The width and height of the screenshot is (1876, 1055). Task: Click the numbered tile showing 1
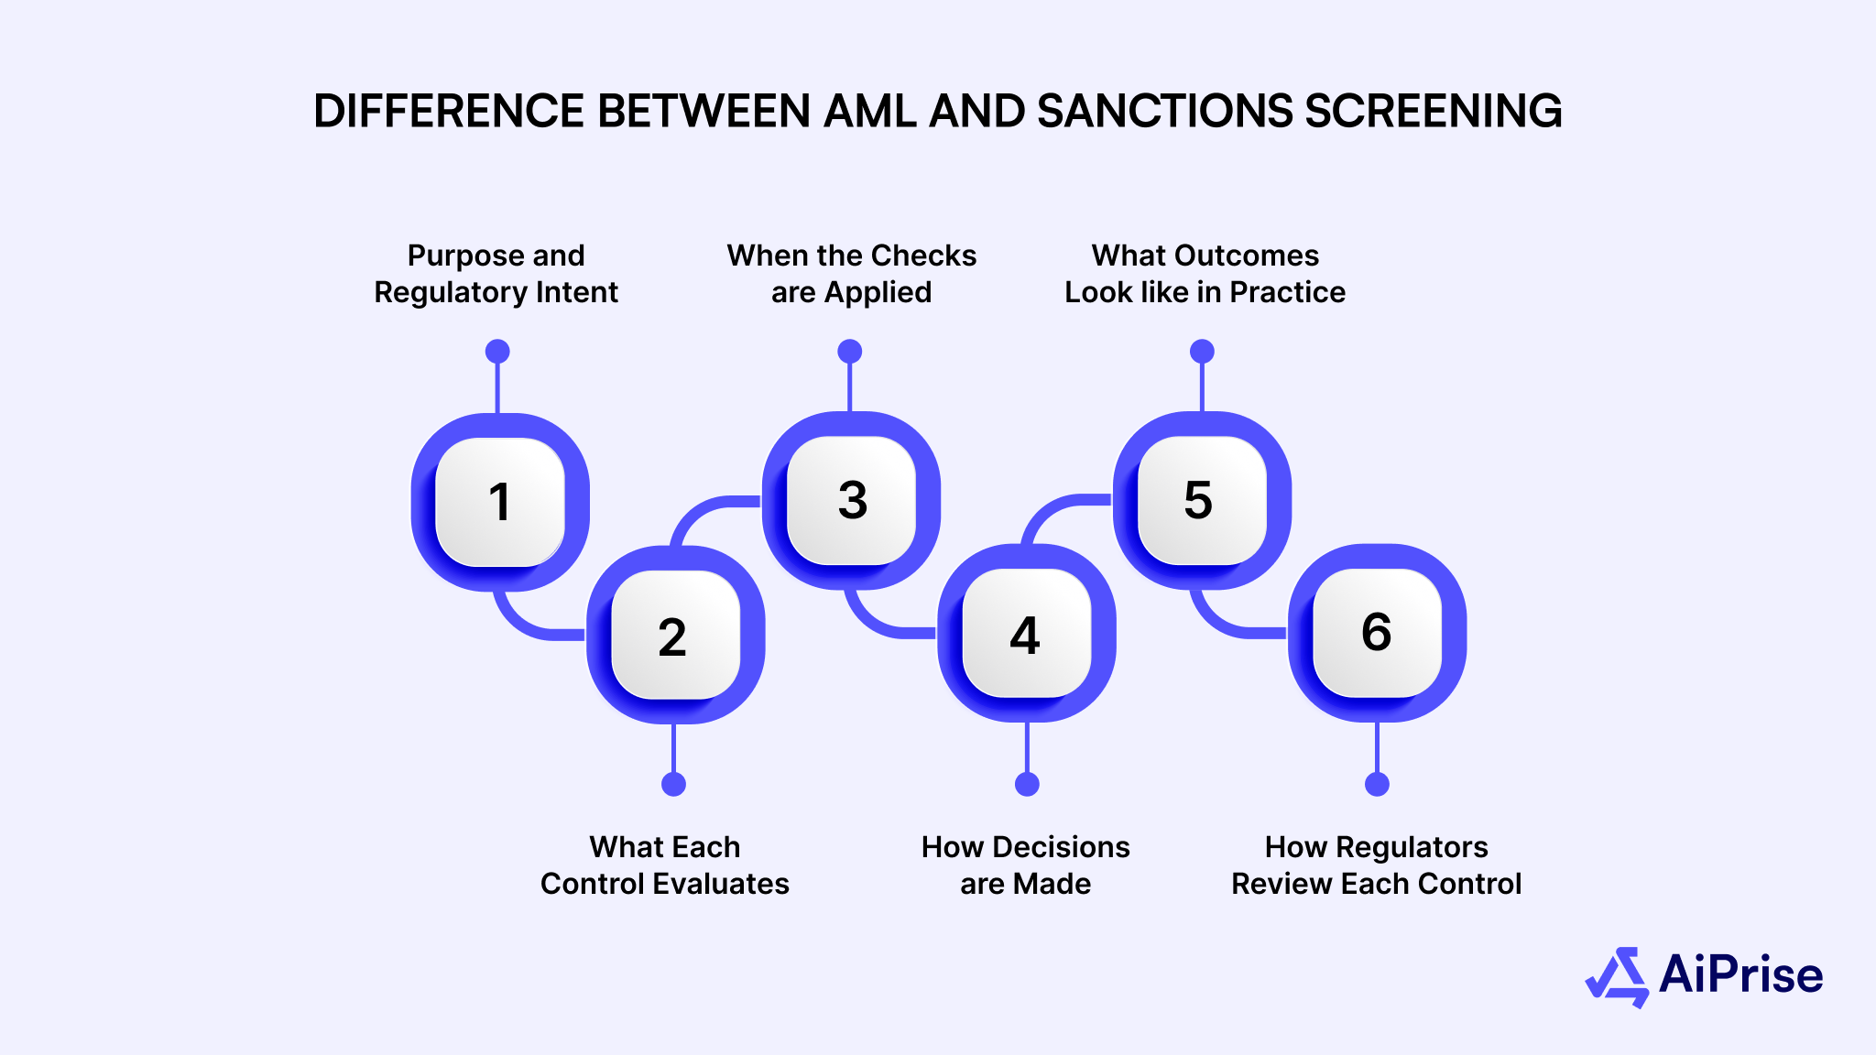click(499, 502)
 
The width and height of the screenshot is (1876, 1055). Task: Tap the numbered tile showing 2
click(674, 636)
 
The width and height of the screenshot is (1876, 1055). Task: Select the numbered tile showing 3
click(852, 500)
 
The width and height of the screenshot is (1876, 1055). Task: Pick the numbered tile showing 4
click(1026, 634)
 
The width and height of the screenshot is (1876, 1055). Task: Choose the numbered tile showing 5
click(1200, 500)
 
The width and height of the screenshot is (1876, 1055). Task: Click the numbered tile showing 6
click(1377, 632)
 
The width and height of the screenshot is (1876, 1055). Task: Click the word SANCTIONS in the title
click(1164, 111)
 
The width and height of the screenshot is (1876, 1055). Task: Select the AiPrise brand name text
click(1740, 974)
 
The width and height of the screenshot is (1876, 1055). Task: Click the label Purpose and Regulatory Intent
click(496, 273)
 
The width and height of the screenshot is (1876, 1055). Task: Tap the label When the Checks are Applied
click(851, 273)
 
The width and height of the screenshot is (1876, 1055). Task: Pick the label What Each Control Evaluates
click(664, 865)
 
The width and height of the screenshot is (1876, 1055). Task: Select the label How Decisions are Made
click(1025, 865)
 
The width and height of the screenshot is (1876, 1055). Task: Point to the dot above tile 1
click(497, 352)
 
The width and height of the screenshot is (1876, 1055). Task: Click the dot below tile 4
click(1027, 784)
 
